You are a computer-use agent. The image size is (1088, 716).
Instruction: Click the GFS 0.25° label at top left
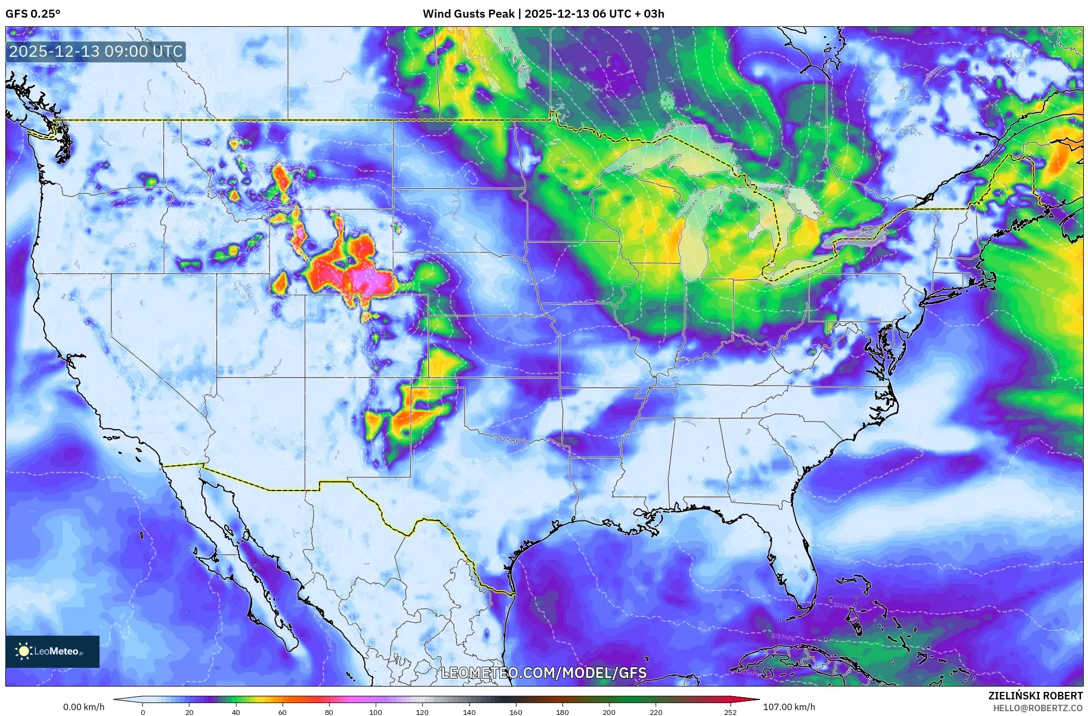point(33,14)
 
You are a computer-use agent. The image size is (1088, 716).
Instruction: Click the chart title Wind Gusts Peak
point(468,14)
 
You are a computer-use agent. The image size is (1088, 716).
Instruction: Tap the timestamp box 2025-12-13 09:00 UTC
point(96,52)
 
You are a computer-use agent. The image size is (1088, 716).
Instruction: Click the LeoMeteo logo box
point(52,651)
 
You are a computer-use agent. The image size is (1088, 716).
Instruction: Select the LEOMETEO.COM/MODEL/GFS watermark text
point(544,673)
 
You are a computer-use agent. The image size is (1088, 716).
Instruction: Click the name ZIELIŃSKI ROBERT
point(1035,696)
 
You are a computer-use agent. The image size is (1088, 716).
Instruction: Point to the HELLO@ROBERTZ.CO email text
point(1038,708)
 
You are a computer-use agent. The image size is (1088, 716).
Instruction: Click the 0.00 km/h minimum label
point(83,707)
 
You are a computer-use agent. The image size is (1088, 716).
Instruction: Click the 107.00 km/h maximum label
point(789,707)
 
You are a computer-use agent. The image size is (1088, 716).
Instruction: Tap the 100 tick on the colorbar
point(375,712)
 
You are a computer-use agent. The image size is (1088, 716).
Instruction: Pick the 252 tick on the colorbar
point(731,712)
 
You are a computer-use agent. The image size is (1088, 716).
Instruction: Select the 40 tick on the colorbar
point(235,712)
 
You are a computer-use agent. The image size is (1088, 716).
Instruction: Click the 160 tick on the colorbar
point(515,712)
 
